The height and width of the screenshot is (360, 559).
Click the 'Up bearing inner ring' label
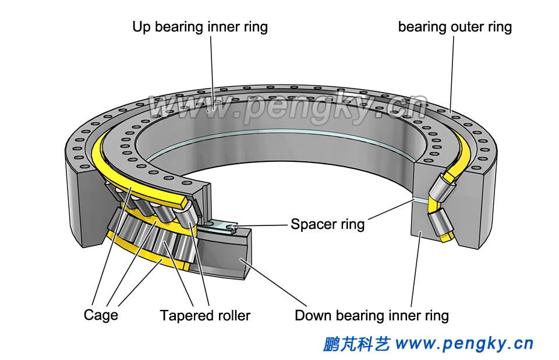(x=200, y=27)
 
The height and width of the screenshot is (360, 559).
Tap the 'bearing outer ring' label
(x=455, y=27)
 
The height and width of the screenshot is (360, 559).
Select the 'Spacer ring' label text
(x=327, y=224)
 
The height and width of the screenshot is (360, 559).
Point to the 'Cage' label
(x=101, y=315)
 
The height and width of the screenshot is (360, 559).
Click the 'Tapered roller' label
(x=205, y=316)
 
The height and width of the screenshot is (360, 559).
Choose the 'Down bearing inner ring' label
(x=372, y=316)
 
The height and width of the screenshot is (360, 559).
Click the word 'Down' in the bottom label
(x=313, y=316)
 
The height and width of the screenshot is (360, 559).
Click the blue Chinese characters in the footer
(x=356, y=344)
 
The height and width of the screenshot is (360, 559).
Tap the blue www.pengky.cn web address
(x=464, y=344)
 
